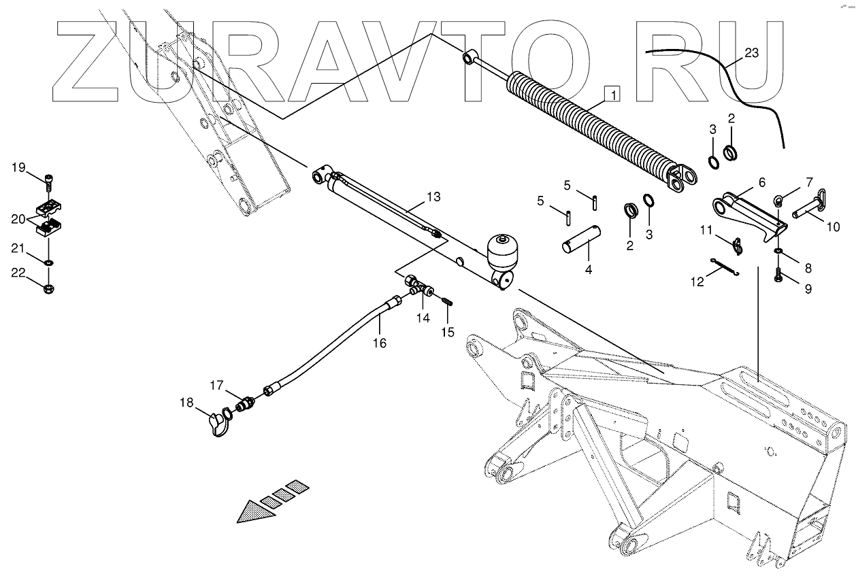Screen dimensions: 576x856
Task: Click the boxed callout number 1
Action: [x=612, y=94]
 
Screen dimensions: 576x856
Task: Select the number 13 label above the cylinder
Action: [x=433, y=197]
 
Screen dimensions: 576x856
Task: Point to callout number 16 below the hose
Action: [x=379, y=343]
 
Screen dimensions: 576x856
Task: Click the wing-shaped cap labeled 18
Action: [x=220, y=424]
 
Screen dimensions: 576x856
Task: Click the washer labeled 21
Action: [x=49, y=262]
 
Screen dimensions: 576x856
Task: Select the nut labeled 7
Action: [x=780, y=201]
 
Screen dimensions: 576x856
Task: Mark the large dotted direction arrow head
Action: [x=256, y=511]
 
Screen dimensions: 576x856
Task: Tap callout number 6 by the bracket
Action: [x=761, y=182]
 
